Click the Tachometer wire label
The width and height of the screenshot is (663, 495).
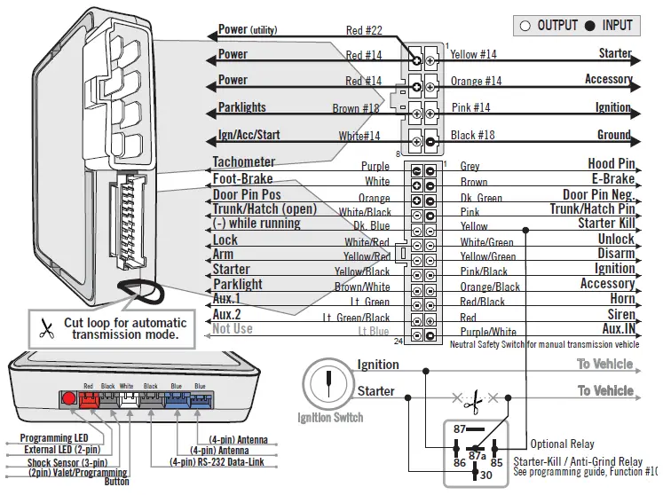coord(244,162)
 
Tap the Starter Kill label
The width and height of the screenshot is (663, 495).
coord(606,224)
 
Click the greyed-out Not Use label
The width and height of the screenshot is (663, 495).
coord(233,329)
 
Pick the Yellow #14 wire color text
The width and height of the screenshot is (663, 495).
coord(473,55)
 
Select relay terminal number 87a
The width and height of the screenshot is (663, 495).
coord(476,456)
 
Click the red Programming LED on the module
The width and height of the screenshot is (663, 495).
coord(68,398)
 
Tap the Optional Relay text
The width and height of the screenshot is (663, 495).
coord(563,444)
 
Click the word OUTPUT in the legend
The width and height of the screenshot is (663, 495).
coord(557,26)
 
